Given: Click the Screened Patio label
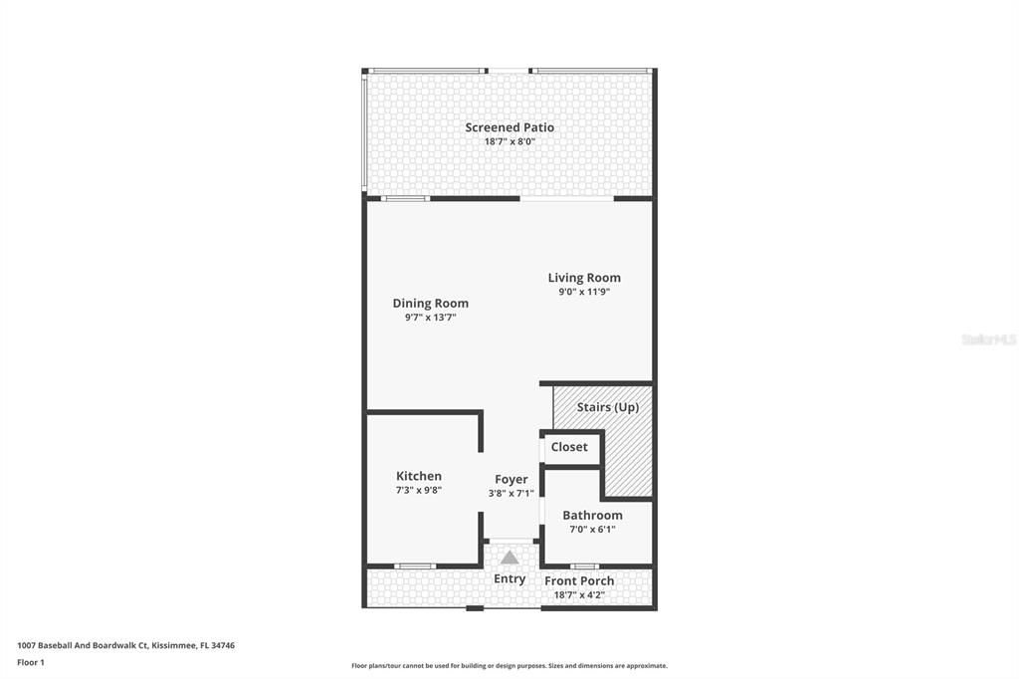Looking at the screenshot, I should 509,127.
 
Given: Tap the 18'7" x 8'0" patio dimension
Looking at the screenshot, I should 509,141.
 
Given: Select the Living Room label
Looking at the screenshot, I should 584,278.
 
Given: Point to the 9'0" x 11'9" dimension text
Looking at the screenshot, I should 584,292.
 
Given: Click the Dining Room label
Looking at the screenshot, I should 430,304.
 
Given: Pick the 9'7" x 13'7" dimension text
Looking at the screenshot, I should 430,318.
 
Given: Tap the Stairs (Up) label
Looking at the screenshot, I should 608,407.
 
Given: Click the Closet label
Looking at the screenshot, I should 569,447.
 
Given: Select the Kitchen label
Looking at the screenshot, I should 419,476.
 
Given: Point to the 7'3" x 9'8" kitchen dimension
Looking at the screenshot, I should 419,490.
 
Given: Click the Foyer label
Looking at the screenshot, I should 511,480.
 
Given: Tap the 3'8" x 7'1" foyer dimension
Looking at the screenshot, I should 511,493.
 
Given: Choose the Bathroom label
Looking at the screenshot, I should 592,515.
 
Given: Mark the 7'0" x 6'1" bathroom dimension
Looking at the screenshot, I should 592,529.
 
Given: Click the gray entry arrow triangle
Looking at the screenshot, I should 509,559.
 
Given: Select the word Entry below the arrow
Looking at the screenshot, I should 509,578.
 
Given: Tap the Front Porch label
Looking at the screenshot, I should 579,580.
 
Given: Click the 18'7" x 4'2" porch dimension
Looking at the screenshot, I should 579,595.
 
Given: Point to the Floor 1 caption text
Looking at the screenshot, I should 31,662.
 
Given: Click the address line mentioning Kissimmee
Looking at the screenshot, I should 125,645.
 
